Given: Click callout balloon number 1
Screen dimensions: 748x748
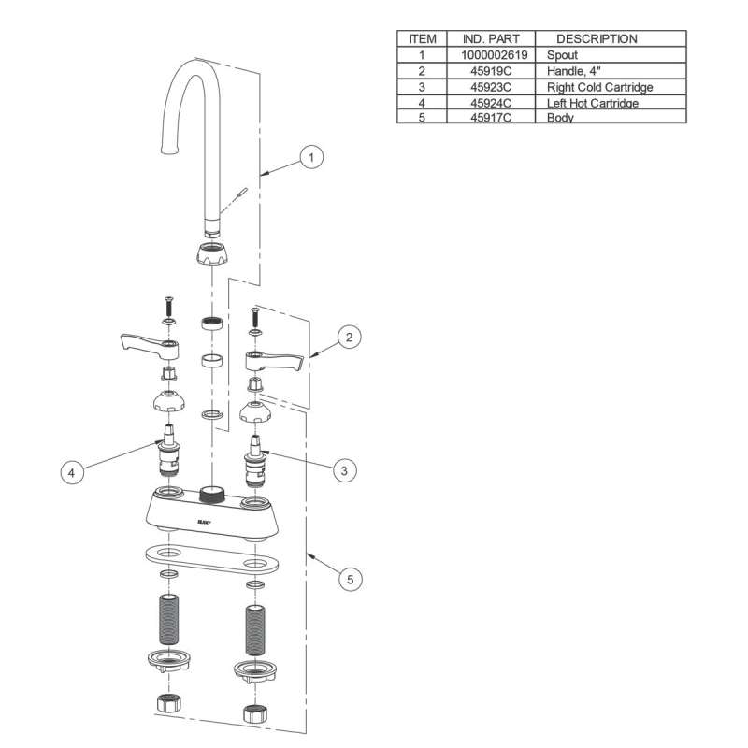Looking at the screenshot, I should tap(312, 158).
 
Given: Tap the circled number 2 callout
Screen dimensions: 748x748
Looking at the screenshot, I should tap(349, 338).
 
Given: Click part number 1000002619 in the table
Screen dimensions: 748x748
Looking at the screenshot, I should tap(495, 55).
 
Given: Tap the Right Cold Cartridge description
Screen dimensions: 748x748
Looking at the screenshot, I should tap(599, 87).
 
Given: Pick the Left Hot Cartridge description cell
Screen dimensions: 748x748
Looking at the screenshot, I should tap(593, 103).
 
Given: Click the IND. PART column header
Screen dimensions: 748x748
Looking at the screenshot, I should tap(484, 39).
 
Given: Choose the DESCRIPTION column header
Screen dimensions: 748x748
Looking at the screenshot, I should tap(597, 39).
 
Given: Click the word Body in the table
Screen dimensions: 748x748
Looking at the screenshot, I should tap(560, 119).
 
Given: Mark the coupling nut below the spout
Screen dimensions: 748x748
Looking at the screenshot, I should tap(215, 252).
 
